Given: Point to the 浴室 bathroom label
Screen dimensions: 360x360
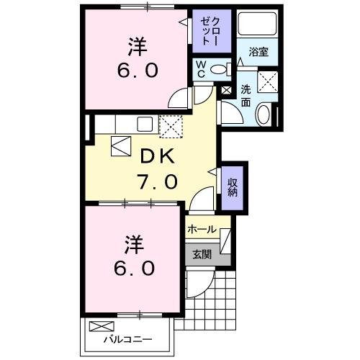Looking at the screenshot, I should coord(258,52).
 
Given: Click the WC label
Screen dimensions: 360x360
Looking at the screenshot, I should coord(202,69).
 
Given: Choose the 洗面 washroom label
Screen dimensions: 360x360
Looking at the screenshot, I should coord(246,96).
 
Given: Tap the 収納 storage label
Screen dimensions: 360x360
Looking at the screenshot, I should coord(233,186).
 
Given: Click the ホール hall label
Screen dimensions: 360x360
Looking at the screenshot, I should coord(201,229).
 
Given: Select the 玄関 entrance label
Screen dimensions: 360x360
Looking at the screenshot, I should coord(201,253).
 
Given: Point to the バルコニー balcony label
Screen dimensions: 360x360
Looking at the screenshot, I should coord(126,338).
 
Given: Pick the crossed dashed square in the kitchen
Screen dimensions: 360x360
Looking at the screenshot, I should coord(171,127).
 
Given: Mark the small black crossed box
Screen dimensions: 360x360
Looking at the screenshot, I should coord(226,91).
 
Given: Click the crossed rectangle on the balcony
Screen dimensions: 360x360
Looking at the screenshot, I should coord(100,326).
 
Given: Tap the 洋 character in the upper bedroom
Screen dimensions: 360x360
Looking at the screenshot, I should coord(138,47).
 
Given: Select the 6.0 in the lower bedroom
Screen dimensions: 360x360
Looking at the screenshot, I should coord(134,268).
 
